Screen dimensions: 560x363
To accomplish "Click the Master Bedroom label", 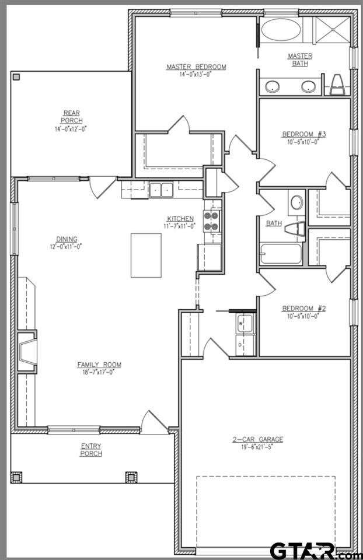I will click(x=196, y=67).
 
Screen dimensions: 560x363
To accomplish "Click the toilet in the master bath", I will click(x=337, y=85).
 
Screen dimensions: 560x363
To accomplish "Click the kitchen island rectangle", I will click(x=145, y=255).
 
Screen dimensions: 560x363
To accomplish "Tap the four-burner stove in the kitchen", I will click(x=211, y=221).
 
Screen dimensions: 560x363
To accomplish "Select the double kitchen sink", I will click(x=160, y=189).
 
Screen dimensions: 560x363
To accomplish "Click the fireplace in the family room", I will click(x=27, y=352).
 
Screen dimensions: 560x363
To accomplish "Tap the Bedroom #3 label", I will click(x=303, y=134).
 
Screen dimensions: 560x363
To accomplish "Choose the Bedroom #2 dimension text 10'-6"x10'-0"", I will click(x=303, y=316).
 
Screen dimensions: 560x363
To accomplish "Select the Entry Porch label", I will click(x=92, y=450).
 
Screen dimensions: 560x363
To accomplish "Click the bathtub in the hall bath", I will click(x=281, y=254).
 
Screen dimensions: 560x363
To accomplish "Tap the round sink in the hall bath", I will click(x=296, y=203).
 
